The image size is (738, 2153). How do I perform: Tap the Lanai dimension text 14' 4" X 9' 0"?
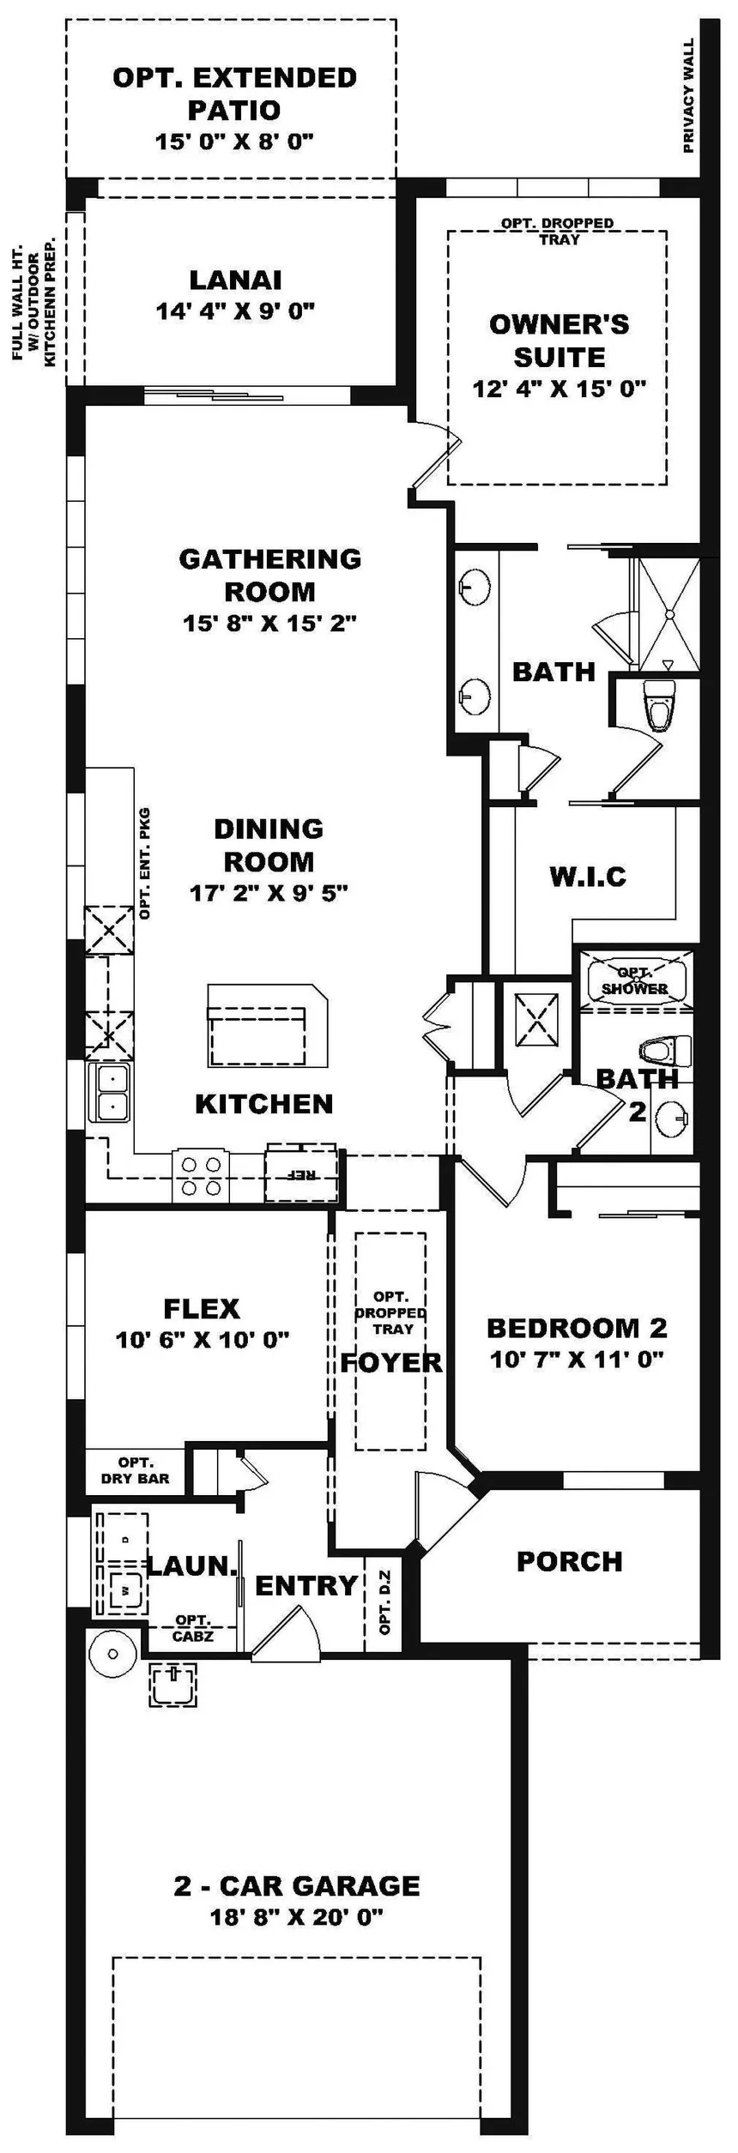pyautogui.click(x=236, y=311)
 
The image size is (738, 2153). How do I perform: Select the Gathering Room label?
pyautogui.click(x=270, y=575)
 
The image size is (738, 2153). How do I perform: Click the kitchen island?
pyautogui.click(x=267, y=1025)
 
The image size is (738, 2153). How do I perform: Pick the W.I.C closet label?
pyautogui.click(x=588, y=877)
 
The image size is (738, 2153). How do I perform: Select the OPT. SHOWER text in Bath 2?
pyautogui.click(x=635, y=980)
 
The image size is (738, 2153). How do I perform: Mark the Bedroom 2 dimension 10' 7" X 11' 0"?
pyautogui.click(x=578, y=1360)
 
